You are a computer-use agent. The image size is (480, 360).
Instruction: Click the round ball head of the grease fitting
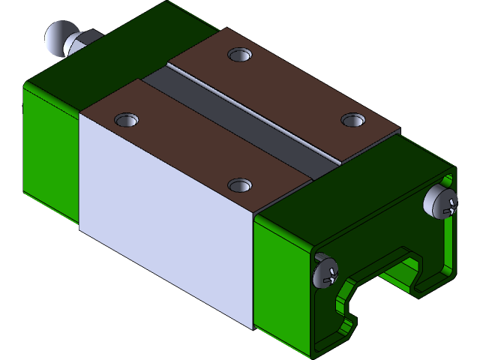click(57, 37)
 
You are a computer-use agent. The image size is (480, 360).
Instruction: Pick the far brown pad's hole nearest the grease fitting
click(240, 55)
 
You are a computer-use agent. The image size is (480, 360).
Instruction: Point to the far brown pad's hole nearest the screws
click(352, 119)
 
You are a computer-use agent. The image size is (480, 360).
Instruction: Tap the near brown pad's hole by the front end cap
click(238, 184)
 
